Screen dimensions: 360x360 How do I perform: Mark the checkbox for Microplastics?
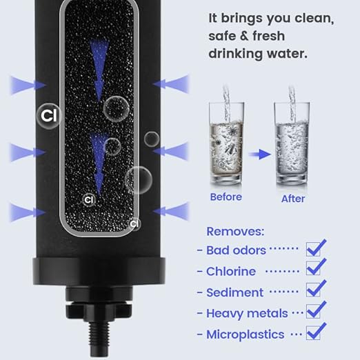[x=313, y=333]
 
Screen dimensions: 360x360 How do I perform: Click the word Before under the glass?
[x=226, y=197]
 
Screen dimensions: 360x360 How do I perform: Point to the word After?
[x=293, y=199]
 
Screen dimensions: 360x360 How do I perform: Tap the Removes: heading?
[x=235, y=232]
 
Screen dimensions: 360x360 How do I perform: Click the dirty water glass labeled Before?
[x=226, y=143]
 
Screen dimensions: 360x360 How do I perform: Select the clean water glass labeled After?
[x=292, y=143]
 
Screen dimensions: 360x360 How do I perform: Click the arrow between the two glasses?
[x=260, y=154]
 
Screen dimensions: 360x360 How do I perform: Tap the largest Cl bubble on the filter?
[x=49, y=116]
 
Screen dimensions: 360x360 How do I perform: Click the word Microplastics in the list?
[x=246, y=334]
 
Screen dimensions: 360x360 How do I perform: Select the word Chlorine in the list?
[x=231, y=271]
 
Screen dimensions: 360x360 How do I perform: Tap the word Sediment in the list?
[x=234, y=292]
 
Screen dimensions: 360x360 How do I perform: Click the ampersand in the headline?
[x=246, y=37]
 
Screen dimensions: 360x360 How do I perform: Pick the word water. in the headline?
[x=287, y=54]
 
